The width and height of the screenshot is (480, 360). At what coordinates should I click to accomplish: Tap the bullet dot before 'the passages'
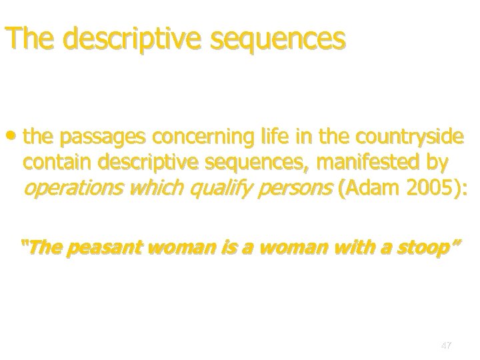click(15, 137)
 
